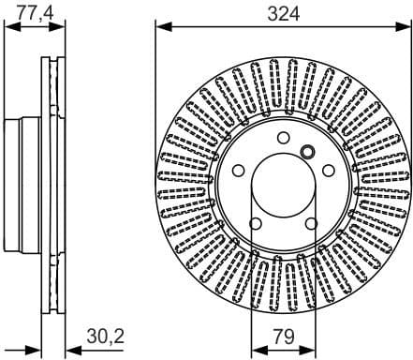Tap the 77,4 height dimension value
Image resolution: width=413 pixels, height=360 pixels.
[x=35, y=12]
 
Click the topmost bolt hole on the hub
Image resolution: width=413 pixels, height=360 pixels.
[x=282, y=138]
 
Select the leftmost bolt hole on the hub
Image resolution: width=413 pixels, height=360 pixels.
[x=239, y=170]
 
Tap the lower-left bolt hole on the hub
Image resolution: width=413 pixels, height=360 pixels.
[x=255, y=221]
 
